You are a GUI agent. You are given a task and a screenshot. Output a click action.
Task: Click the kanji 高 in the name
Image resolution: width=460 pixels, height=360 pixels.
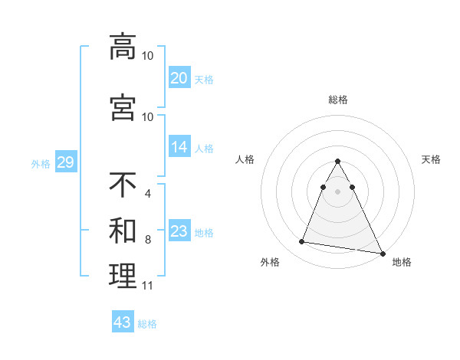point(123,46)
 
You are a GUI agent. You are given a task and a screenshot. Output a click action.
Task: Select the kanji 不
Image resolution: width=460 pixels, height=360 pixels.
point(123,185)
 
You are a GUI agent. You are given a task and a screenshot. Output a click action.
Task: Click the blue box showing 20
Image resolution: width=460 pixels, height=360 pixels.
point(179,78)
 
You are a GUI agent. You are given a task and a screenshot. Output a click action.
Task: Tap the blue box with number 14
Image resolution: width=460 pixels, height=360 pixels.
point(179,148)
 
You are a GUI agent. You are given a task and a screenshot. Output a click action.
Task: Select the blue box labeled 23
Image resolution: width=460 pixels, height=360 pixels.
point(179,231)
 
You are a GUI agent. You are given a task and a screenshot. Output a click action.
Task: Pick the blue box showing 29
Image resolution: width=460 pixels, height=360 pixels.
point(65,162)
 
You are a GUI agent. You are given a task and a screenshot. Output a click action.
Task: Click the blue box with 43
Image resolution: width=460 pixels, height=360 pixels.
point(123,322)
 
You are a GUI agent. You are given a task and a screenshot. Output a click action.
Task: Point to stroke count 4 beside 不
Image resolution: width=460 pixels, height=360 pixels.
point(147,194)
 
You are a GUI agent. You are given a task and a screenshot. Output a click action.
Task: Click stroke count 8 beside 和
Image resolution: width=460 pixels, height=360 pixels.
point(147,240)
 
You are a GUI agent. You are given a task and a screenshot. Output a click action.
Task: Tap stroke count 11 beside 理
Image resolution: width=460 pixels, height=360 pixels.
point(147,286)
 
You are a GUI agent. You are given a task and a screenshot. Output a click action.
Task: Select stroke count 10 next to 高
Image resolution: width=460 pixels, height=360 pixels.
point(147,56)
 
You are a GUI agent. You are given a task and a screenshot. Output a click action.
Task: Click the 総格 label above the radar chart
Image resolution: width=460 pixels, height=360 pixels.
point(338,100)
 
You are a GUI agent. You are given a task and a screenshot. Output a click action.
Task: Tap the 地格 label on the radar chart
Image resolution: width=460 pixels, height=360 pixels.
point(402,263)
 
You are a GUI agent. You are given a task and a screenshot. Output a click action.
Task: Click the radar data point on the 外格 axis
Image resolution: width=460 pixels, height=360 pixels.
point(302,242)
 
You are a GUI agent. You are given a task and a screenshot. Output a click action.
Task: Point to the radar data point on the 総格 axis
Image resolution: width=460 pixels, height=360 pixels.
point(338,162)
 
